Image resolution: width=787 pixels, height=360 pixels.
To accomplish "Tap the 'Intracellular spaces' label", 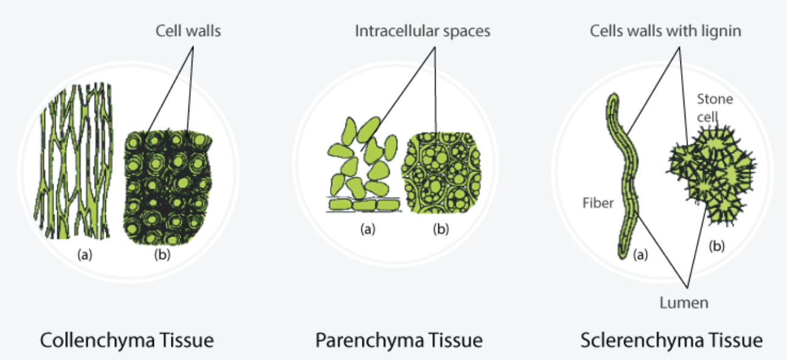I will click(423, 31).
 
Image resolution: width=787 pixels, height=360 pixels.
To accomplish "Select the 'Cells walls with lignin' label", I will click(665, 31).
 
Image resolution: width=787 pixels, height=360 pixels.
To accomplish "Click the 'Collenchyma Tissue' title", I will click(127, 340).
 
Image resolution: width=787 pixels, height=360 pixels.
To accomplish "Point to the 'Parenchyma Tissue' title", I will click(398, 340).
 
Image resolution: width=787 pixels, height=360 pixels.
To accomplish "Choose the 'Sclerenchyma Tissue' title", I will click(671, 340).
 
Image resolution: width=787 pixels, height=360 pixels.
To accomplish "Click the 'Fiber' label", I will click(598, 203).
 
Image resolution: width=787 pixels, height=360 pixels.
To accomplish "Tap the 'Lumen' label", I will click(684, 302).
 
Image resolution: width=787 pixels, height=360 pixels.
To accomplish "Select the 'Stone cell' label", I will click(715, 107).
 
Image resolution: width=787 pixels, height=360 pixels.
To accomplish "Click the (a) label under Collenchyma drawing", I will click(85, 255).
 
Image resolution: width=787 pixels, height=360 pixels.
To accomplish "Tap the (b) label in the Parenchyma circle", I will click(442, 229).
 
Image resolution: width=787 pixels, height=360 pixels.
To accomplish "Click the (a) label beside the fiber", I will click(639, 255).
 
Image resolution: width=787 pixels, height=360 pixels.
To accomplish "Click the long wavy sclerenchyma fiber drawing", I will click(624, 176).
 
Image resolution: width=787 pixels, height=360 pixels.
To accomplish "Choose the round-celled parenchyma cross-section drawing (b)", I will click(442, 173).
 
